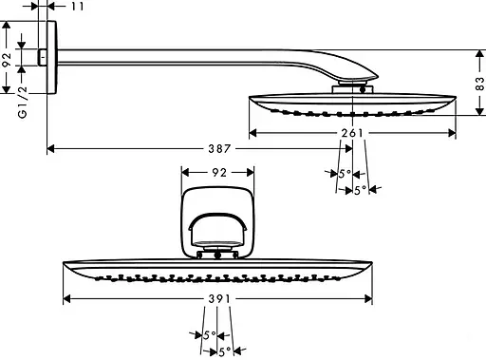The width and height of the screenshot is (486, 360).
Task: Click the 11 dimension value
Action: pos(78,7)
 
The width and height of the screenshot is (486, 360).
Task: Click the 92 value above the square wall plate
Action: pos(217,174)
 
